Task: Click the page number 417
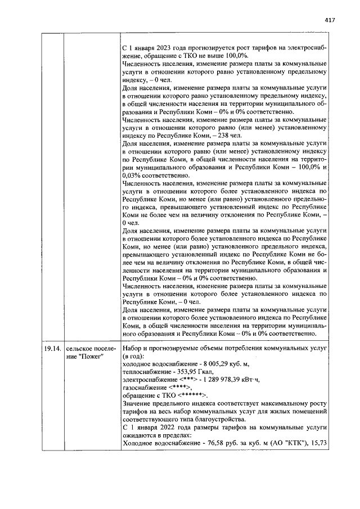click(330, 20)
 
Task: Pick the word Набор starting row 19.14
click(132, 349)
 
